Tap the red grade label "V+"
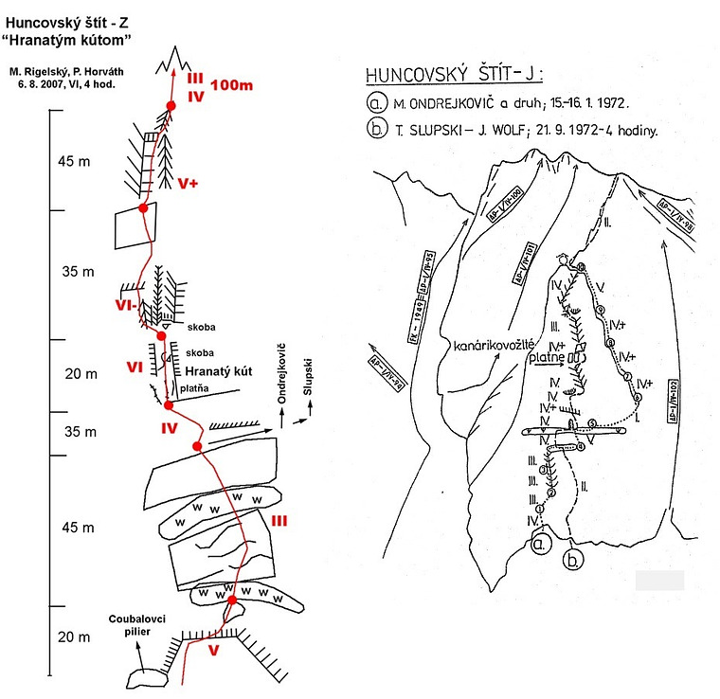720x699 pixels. pos(188,183)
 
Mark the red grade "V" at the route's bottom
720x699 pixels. pos(213,650)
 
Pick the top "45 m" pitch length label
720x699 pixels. pos(74,162)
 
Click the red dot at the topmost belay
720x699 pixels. pos(171,106)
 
